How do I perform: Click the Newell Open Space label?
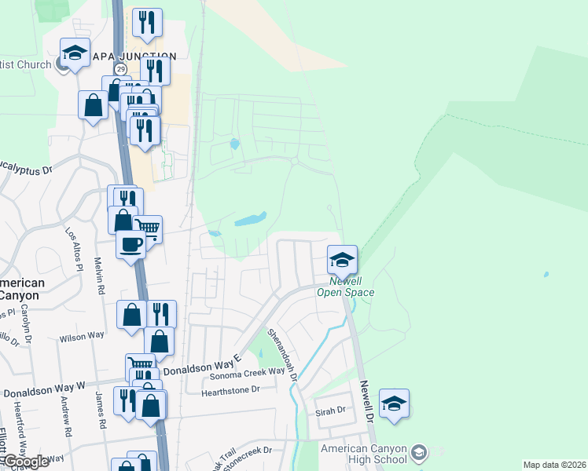[x=346, y=287]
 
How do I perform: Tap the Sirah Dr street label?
[x=330, y=411]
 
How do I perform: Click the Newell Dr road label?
[x=366, y=403]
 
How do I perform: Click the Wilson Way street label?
[x=82, y=336]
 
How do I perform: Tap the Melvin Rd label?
[x=100, y=276]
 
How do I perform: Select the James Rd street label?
[x=100, y=411]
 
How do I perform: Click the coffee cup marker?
[x=130, y=244]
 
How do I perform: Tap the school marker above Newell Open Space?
[x=342, y=258]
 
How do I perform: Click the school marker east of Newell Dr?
[x=394, y=403]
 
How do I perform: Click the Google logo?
[x=25, y=462]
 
